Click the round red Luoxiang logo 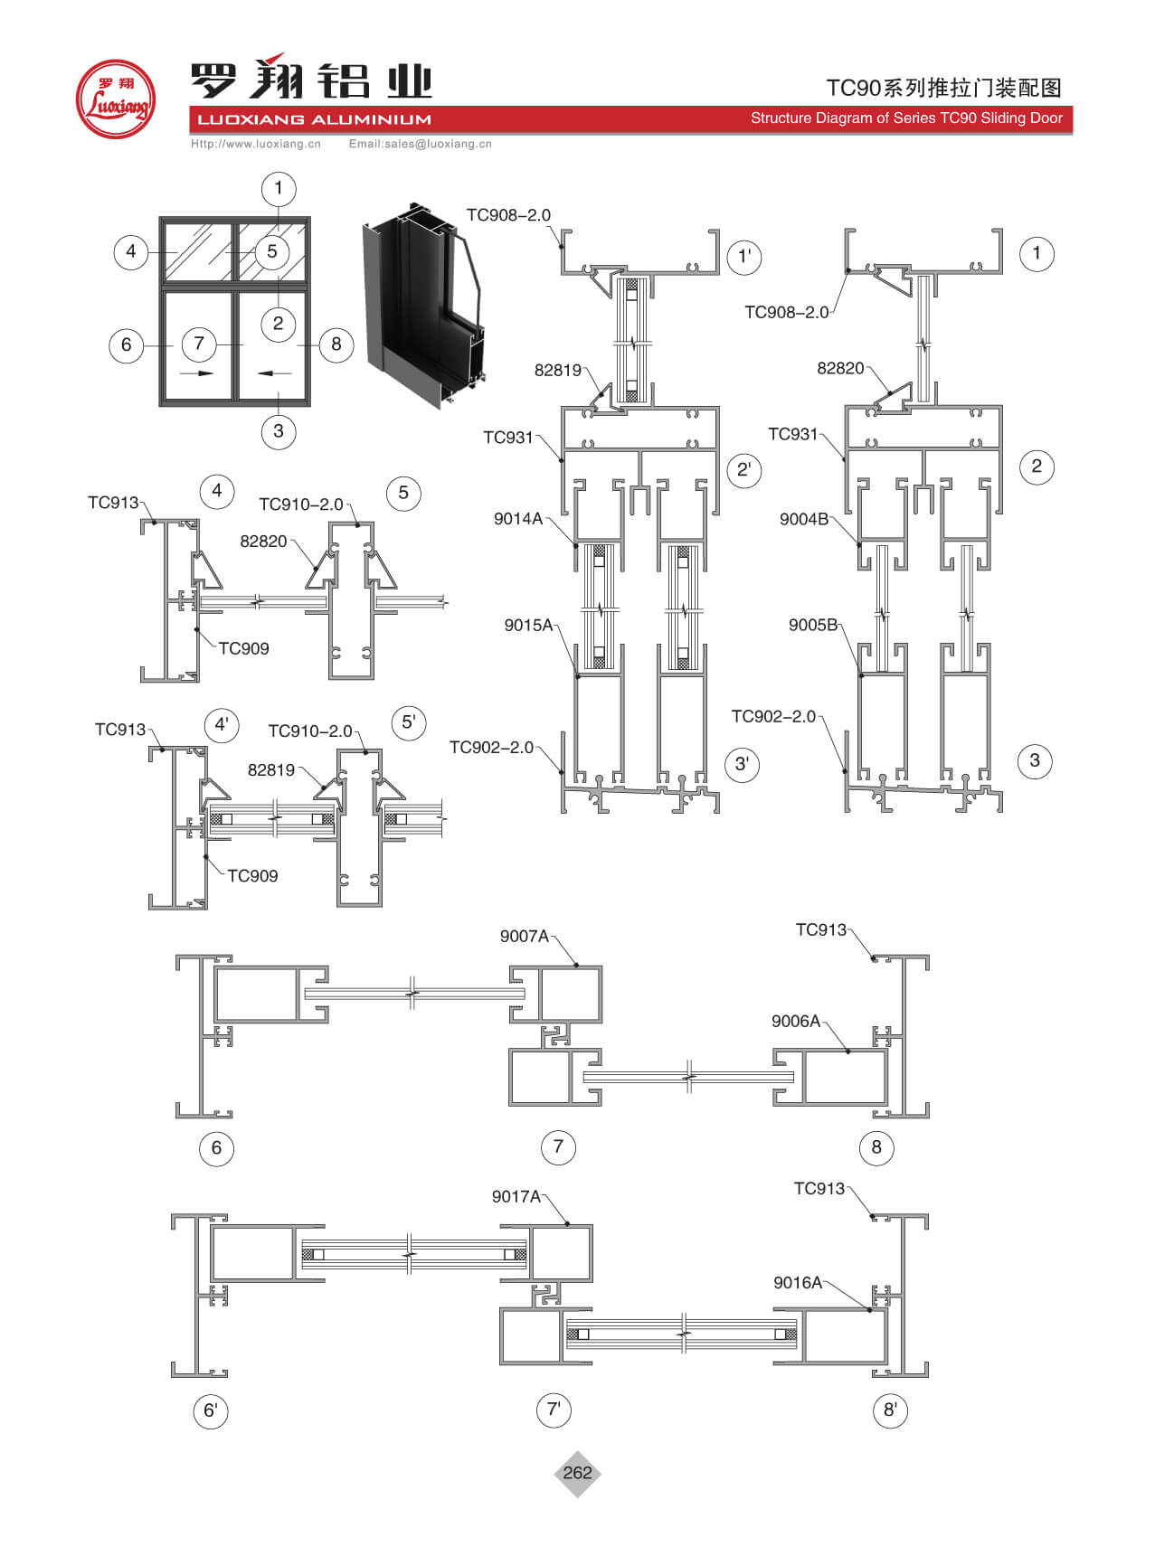click(115, 99)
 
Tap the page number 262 click(577, 1473)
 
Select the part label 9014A click(517, 519)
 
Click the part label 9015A click(528, 626)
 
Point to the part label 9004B click(803, 519)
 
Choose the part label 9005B click(812, 626)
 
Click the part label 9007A click(524, 937)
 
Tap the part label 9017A click(516, 1197)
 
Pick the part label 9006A click(795, 1022)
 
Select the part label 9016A click(797, 1283)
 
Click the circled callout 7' click(554, 1410)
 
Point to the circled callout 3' click(742, 764)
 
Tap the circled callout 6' click(211, 1411)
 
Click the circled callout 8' click(890, 1410)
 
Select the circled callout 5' click(408, 722)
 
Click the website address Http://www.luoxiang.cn click(256, 144)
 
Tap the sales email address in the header click(420, 144)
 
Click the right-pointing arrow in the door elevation click(197, 372)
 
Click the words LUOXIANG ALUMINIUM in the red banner click(314, 119)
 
